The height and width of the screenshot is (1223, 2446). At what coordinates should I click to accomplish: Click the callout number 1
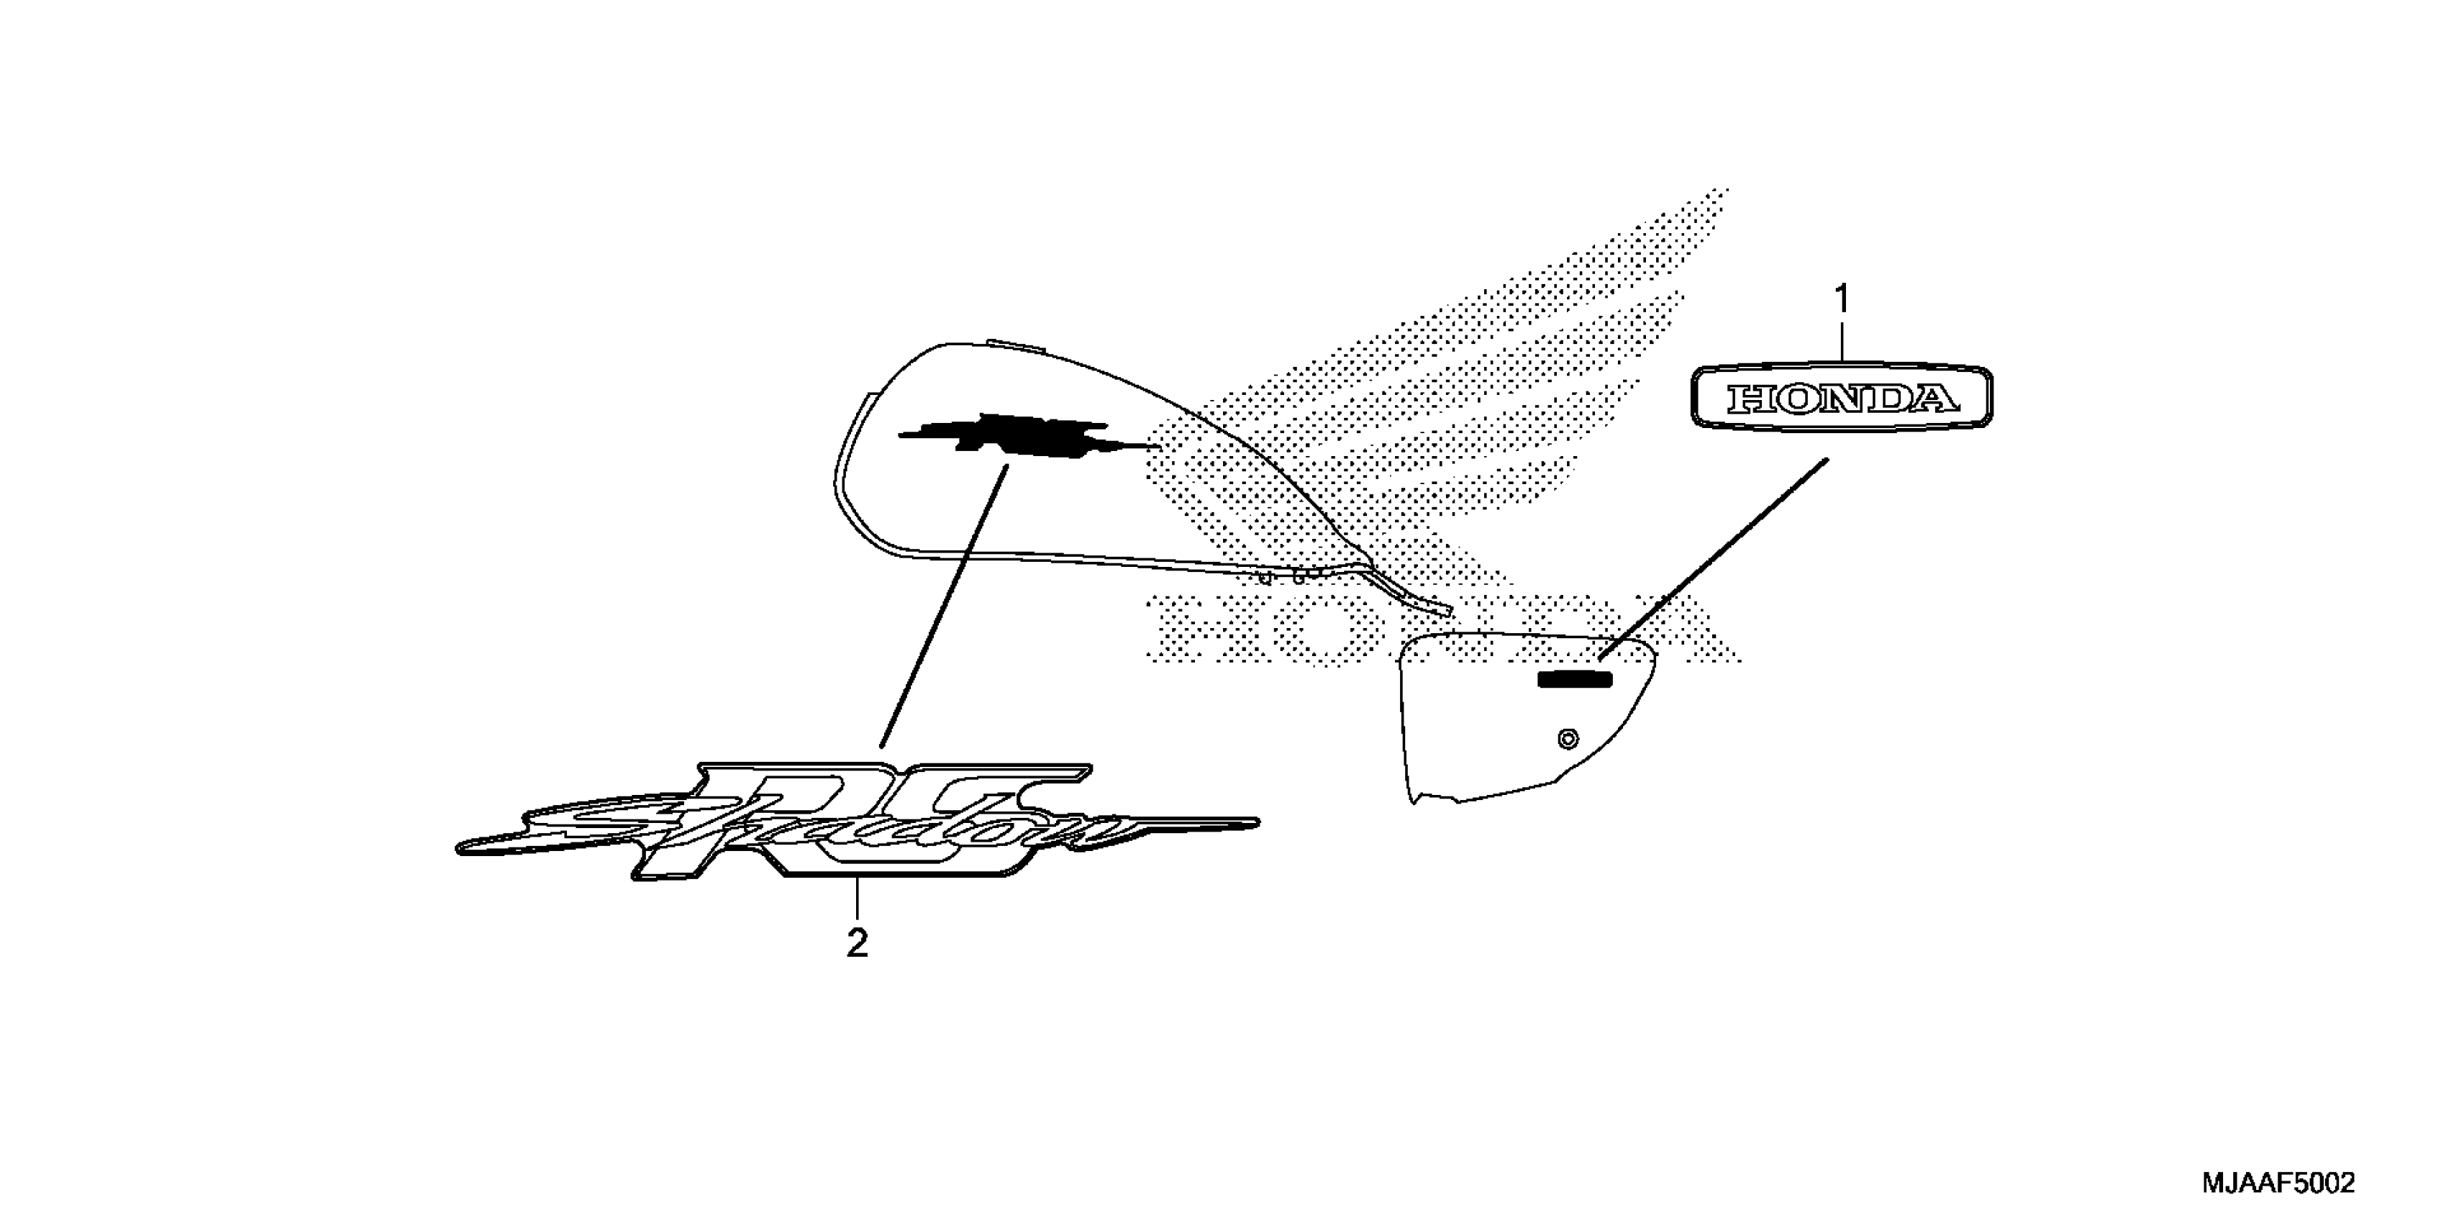pyautogui.click(x=1842, y=300)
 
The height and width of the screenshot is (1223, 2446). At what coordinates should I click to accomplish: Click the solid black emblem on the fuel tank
pyautogui.click(x=1025, y=439)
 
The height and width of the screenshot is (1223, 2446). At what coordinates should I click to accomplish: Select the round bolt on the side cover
pyautogui.click(x=1568, y=738)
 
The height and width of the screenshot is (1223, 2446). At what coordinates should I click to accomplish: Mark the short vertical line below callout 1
pyautogui.click(x=1842, y=340)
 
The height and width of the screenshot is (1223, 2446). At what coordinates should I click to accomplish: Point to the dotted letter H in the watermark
pyautogui.click(x=1191, y=629)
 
